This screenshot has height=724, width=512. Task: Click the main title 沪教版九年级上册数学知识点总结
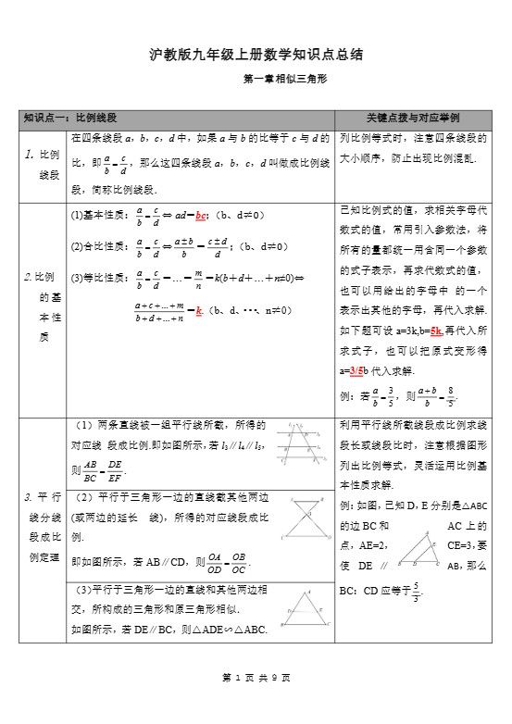tap(256, 55)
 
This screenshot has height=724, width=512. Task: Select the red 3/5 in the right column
tap(356, 371)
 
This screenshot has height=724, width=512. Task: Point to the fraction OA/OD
tap(215, 562)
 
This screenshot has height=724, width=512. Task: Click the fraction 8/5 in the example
tap(450, 397)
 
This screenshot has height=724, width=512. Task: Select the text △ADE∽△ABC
tap(229, 630)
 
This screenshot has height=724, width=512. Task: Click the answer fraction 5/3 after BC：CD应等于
tap(416, 590)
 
